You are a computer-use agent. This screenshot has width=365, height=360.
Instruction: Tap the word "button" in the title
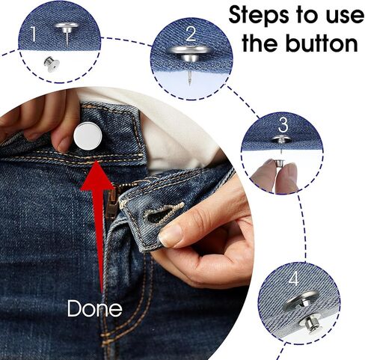[x=322, y=43]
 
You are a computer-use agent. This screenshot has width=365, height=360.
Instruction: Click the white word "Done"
[x=95, y=308]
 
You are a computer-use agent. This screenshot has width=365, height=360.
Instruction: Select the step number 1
[x=33, y=34]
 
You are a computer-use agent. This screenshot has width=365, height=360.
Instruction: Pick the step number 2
[x=191, y=34]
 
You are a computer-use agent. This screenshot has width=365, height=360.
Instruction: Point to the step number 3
[x=283, y=125]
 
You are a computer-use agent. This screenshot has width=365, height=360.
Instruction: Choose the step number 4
[x=294, y=278]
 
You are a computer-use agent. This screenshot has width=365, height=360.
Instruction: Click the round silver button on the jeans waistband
[x=88, y=136]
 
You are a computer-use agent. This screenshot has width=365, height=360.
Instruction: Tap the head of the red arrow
[x=96, y=177]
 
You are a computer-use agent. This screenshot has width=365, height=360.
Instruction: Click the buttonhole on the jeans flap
[x=165, y=212]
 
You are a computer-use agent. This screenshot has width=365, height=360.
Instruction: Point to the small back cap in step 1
[x=52, y=64]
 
